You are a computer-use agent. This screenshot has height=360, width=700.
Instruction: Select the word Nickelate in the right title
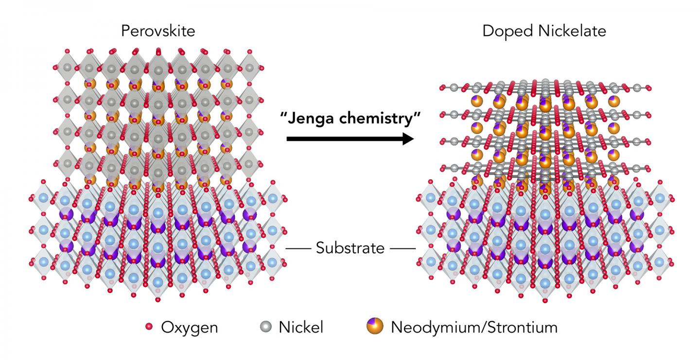(x=569, y=32)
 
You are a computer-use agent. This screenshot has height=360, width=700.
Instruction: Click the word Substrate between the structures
(x=350, y=248)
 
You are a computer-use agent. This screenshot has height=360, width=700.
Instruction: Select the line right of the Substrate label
(x=403, y=249)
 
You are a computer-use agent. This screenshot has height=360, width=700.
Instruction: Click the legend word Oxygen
(x=189, y=327)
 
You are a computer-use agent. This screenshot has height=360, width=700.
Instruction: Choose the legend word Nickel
(x=301, y=327)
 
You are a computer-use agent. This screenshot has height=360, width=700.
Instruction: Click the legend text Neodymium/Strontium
(x=474, y=327)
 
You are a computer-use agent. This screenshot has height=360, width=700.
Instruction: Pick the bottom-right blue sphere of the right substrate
(x=659, y=262)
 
